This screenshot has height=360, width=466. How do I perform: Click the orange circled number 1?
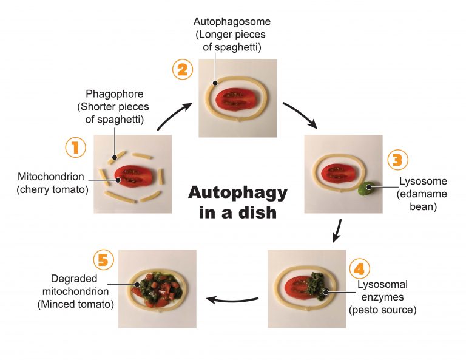click(x=76, y=148)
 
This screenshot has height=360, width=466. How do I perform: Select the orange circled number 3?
click(x=398, y=160)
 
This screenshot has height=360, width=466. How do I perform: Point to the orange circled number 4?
click(x=359, y=269)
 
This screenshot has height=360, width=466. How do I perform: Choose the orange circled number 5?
click(x=104, y=260)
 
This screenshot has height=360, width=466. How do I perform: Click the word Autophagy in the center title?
click(x=238, y=193)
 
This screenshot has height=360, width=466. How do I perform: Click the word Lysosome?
click(x=423, y=181)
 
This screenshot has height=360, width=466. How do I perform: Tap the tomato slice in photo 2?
click(x=238, y=98)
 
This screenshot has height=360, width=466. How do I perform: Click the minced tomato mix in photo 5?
click(x=157, y=288)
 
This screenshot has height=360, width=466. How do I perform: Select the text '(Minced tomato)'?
click(x=75, y=304)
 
